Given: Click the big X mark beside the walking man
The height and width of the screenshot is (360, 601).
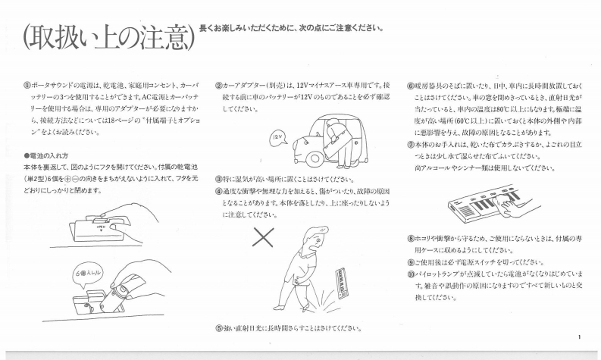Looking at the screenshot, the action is (263, 237).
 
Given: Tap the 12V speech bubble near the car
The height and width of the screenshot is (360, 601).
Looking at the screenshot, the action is (278, 139).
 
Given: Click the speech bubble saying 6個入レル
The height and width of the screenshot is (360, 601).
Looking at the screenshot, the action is (88, 274).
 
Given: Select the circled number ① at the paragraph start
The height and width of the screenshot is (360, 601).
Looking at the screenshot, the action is (27, 85).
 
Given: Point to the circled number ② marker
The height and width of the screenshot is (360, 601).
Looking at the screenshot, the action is (218, 85).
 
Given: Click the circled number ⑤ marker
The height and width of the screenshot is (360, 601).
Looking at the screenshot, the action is (219, 328).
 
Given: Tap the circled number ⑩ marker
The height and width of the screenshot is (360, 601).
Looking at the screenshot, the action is (411, 274).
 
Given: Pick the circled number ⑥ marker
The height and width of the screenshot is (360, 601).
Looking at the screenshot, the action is (411, 86).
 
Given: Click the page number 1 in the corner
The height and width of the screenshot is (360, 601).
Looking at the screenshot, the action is (579, 337).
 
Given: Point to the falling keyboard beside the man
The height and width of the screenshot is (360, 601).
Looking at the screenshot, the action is (343, 283).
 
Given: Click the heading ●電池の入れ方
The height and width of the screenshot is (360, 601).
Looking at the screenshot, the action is (46, 155).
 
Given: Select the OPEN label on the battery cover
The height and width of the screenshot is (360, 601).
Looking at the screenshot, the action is (102, 227).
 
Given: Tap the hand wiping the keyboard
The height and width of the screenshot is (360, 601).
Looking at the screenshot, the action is (515, 202).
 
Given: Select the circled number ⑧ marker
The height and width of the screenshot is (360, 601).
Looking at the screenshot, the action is (411, 239).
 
